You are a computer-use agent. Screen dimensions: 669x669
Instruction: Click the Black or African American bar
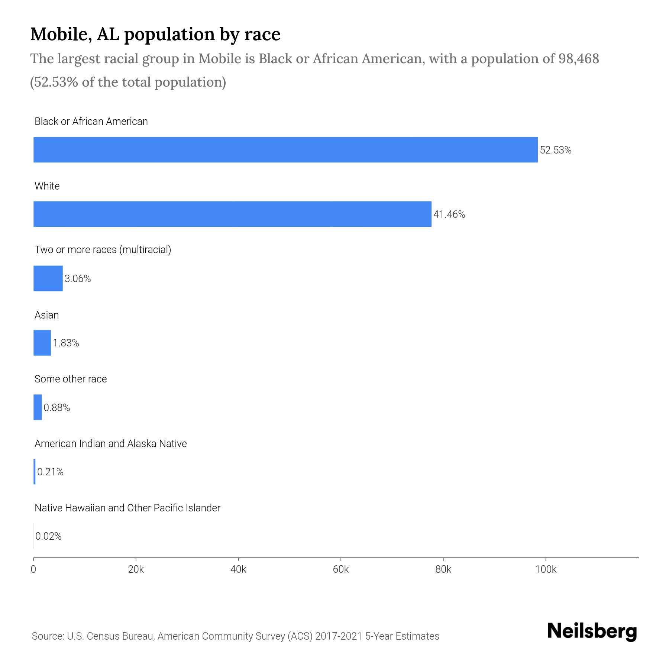pyautogui.click(x=285, y=150)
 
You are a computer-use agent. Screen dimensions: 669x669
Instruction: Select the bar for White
pyautogui.click(x=232, y=214)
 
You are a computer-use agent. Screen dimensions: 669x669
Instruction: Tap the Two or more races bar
pyautogui.click(x=48, y=278)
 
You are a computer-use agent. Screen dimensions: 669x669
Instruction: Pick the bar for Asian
pyautogui.click(x=42, y=343)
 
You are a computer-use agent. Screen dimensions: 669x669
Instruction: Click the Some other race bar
pyautogui.click(x=38, y=407)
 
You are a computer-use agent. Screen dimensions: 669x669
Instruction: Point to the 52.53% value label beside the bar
pyautogui.click(x=556, y=150)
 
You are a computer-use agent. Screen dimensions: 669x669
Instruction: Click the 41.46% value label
pyautogui.click(x=449, y=214)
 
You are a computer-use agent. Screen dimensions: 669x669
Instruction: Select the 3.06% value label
pyautogui.click(x=78, y=279)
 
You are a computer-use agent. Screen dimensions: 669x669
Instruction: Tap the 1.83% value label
pyautogui.click(x=66, y=343)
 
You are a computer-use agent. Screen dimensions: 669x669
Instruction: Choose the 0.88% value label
pyautogui.click(x=57, y=408)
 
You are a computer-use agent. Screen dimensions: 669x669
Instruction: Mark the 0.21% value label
pyautogui.click(x=50, y=472)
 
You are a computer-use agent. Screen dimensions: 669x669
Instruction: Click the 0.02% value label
pyautogui.click(x=48, y=536)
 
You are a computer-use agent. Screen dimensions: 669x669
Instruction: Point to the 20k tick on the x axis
pyautogui.click(x=136, y=569)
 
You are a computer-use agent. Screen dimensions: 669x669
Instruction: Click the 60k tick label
pyautogui.click(x=341, y=569)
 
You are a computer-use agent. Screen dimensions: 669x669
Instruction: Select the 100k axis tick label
pyautogui.click(x=546, y=569)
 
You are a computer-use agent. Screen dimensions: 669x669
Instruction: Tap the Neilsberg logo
pyautogui.click(x=592, y=631)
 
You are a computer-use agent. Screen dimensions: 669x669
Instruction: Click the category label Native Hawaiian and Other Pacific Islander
pyautogui.click(x=127, y=508)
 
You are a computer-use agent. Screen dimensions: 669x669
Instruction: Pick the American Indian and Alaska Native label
pyautogui.click(x=110, y=444)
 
